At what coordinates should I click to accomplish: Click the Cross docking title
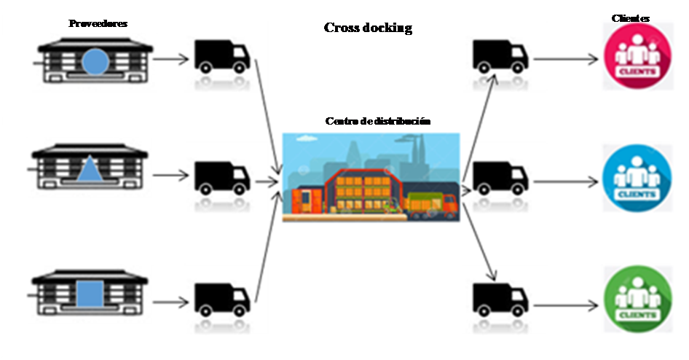tap(368, 28)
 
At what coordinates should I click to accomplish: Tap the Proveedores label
tap(98, 23)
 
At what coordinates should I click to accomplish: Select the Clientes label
tap(631, 18)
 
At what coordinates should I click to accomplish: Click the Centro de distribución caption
tap(377, 121)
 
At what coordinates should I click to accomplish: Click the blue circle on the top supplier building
tap(95, 62)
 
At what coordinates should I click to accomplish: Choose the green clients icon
tap(637, 300)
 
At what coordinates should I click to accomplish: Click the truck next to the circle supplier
tap(221, 57)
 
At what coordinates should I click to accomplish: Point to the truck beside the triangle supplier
tap(221, 178)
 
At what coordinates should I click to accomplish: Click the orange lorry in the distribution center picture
tap(431, 205)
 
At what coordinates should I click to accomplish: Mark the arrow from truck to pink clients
tap(569, 57)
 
